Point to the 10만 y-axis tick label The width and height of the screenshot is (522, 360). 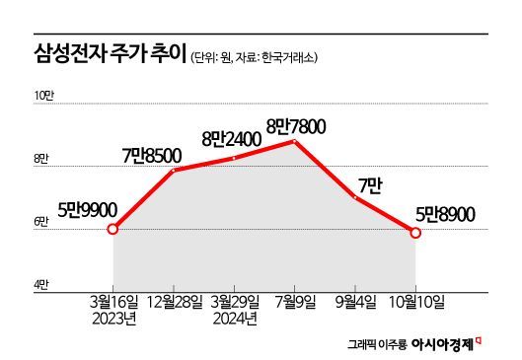(x=46, y=95)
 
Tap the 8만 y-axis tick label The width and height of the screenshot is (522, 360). (x=41, y=158)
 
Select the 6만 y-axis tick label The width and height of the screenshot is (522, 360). (x=41, y=222)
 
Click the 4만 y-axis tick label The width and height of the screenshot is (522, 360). (x=41, y=284)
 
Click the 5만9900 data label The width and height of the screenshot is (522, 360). (x=88, y=208)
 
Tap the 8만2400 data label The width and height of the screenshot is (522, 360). (x=232, y=139)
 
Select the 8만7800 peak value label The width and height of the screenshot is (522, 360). (x=296, y=125)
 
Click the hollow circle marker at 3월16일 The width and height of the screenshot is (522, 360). (x=113, y=229)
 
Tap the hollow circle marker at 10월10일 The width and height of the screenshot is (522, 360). (x=415, y=233)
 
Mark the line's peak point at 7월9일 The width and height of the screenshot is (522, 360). (x=295, y=141)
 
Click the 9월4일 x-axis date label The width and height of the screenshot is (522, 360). (x=356, y=299)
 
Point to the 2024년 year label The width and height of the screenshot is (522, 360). (x=235, y=318)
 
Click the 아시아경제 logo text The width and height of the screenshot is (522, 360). (x=442, y=344)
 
